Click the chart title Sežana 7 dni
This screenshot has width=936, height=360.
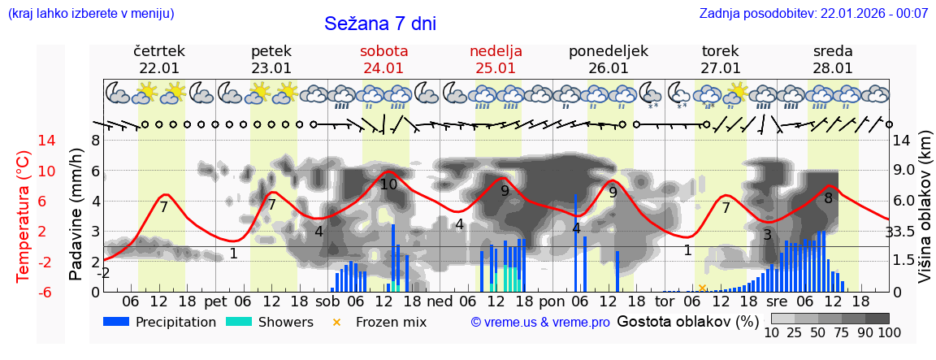click(379, 24)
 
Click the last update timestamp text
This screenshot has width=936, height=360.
click(813, 13)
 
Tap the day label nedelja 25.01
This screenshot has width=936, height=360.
click(496, 59)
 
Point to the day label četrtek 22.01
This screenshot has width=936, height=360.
click(159, 59)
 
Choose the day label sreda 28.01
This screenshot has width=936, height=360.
click(833, 59)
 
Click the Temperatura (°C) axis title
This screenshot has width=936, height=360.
click(23, 216)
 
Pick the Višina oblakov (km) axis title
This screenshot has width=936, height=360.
click(924, 215)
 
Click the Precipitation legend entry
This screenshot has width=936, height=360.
click(160, 322)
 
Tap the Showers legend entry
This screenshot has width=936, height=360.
click(269, 322)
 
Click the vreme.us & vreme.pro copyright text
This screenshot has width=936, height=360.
click(540, 322)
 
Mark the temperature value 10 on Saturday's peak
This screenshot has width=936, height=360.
click(388, 184)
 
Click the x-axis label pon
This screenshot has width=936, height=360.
click(551, 301)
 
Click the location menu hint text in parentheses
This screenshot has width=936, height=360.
click(91, 13)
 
